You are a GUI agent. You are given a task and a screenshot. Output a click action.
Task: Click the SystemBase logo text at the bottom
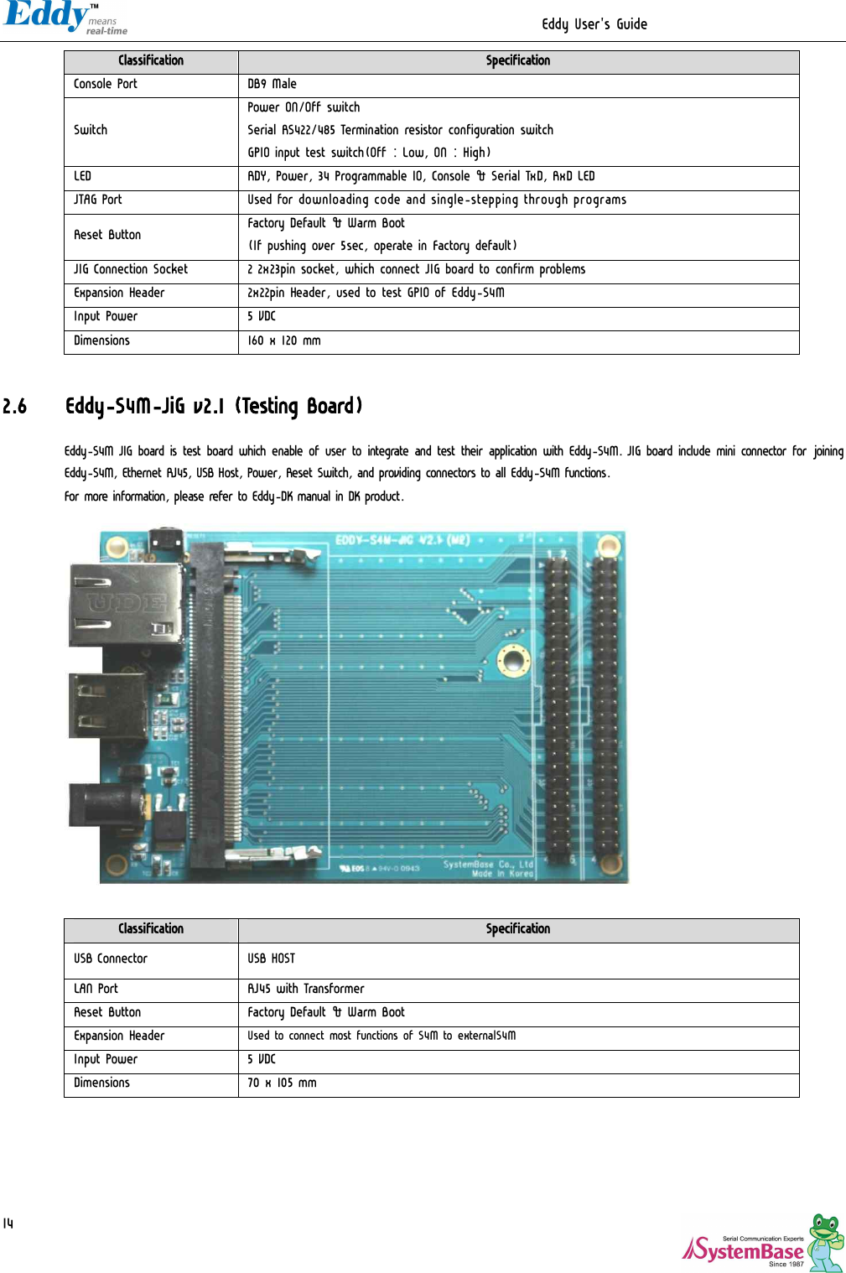tap(744, 1251)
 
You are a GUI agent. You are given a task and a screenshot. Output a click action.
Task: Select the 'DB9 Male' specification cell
tap(272, 84)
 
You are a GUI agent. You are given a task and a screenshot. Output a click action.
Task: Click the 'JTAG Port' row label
tap(98, 200)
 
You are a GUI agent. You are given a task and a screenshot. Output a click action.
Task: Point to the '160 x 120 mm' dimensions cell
tap(283, 340)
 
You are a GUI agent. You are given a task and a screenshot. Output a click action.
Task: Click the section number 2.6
tap(14, 407)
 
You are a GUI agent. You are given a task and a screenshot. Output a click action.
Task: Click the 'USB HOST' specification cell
tap(271, 959)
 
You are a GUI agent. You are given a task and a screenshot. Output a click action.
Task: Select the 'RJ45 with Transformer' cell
tap(305, 989)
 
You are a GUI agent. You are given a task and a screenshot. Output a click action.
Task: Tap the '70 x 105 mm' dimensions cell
tap(282, 1083)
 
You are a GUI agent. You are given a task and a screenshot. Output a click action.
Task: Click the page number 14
tap(8, 1224)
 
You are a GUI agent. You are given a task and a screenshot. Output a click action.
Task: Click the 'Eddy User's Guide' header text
tap(594, 24)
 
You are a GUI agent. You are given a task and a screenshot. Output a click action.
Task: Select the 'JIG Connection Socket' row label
tap(131, 269)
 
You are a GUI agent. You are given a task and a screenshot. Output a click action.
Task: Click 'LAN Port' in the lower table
tap(96, 989)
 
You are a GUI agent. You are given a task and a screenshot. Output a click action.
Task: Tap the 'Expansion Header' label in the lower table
tap(119, 1036)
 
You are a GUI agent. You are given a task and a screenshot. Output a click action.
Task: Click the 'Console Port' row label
tap(106, 84)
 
